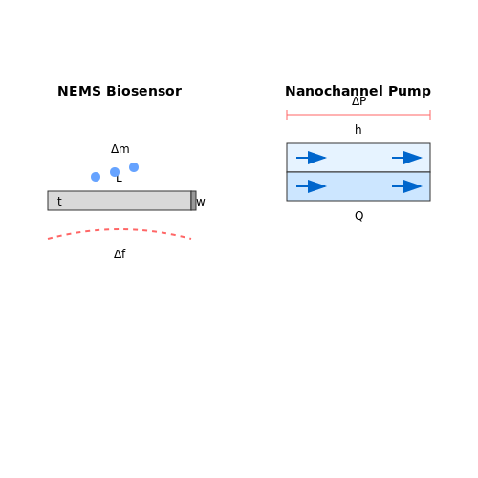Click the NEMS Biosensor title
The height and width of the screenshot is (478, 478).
click(x=119, y=91)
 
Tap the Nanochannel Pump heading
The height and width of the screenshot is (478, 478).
click(x=358, y=91)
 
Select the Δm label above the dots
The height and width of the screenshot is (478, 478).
click(x=120, y=149)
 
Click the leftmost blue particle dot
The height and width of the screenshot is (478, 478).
click(x=96, y=177)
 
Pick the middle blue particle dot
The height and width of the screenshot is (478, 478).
click(x=115, y=172)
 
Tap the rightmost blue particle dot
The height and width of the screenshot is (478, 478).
click(x=134, y=167)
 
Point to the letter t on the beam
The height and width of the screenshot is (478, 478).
click(x=59, y=202)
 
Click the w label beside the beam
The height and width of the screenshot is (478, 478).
click(x=201, y=202)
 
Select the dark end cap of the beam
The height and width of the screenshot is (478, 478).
click(x=193, y=201)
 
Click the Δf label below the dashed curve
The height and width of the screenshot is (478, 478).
click(x=119, y=254)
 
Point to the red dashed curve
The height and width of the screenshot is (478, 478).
click(x=119, y=229)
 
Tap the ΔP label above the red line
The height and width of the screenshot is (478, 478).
click(x=358, y=101)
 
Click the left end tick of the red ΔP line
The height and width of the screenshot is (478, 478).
click(x=287, y=115)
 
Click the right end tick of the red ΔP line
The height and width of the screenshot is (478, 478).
click(x=430, y=115)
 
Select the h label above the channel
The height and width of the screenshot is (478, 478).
click(x=358, y=130)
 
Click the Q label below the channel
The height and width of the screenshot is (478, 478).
click(x=358, y=216)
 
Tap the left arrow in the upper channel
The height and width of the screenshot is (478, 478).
click(x=312, y=158)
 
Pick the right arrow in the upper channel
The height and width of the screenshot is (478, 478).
click(x=407, y=158)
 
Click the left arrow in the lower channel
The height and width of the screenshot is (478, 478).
click(x=312, y=186)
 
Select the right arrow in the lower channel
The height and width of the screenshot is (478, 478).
click(x=407, y=186)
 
